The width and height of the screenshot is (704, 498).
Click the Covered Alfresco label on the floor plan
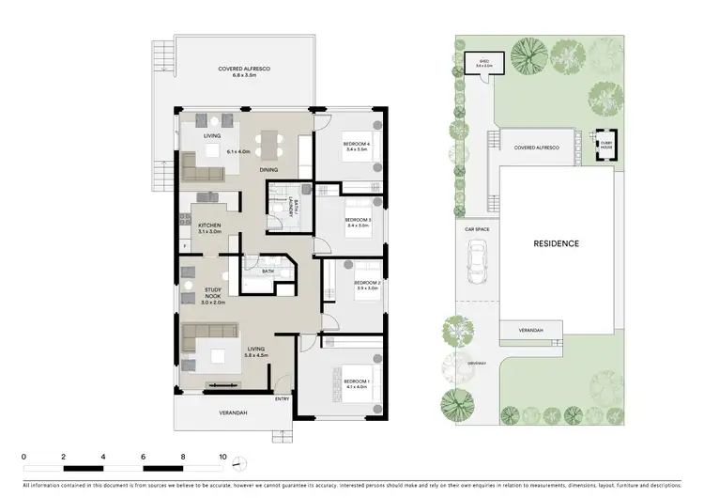[x=238, y=71]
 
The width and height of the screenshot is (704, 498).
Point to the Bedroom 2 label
[x=365, y=285]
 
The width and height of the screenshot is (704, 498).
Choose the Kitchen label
[x=208, y=228]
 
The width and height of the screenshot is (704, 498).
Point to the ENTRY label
[x=283, y=399]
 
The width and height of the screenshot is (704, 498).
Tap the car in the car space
[x=477, y=257]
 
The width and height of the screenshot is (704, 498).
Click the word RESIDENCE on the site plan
[x=557, y=243]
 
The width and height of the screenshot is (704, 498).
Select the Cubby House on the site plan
[x=602, y=147]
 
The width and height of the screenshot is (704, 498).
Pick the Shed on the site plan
[x=485, y=65]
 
